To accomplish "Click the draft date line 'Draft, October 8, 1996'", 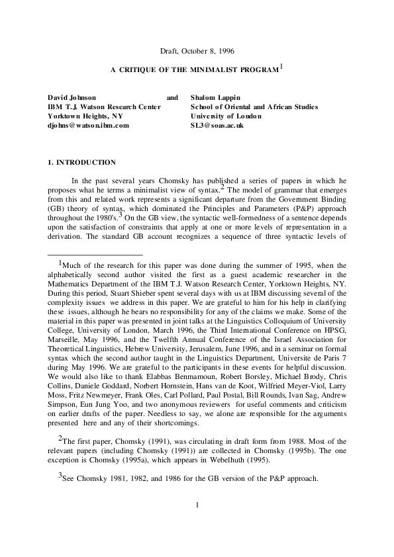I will tap(197, 51).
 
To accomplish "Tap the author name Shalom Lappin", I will tap(215, 97).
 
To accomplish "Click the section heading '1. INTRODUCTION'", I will tap(78, 162).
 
